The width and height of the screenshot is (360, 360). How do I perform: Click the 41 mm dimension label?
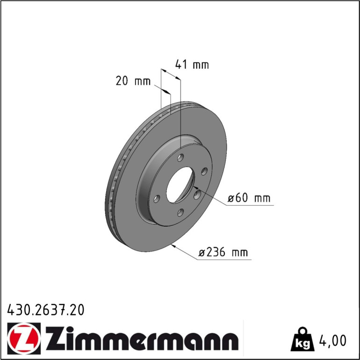192,65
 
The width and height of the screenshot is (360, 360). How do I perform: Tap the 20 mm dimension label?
133,81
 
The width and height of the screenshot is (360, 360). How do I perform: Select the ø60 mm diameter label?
249,198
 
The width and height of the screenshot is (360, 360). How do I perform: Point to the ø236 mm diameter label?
223,252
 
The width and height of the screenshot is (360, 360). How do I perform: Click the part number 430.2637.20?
46,310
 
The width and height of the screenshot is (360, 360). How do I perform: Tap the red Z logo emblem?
24,338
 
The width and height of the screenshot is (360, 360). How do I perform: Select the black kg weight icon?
302,340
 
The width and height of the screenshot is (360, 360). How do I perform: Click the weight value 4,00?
333,340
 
